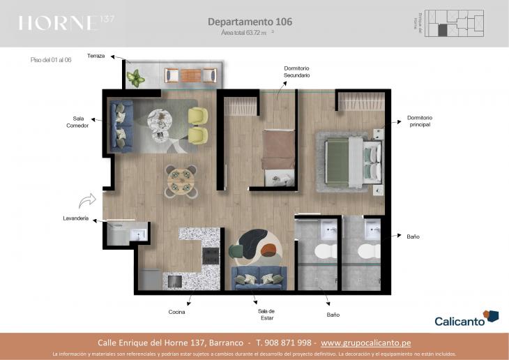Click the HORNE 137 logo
pos(66,23)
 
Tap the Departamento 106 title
pos(250,22)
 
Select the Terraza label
pos(96,56)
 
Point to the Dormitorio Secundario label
pos(296,72)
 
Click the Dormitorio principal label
pos(419,121)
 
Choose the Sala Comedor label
pos(77,122)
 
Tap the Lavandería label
pos(75,219)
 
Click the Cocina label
pos(177,312)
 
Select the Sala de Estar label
pos(266,315)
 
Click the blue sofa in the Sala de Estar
pos(259,277)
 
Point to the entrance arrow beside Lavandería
pos(88,202)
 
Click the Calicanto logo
pos(466,320)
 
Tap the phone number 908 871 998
pos(287,343)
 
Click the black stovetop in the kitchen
pos(211,255)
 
